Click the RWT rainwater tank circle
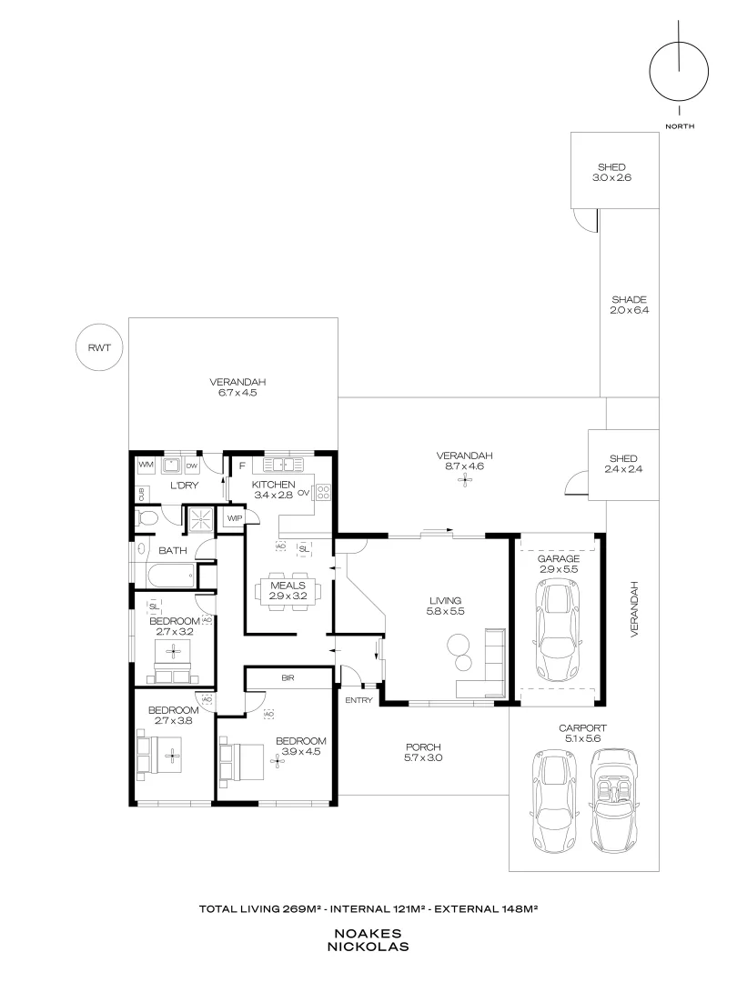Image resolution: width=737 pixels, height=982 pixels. [98, 346]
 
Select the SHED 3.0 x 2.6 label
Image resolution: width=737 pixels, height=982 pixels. [611, 173]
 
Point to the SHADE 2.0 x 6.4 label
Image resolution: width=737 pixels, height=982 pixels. [629, 305]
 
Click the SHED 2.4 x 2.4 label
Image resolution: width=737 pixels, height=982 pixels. [623, 464]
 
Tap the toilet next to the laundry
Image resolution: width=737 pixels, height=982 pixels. [146, 518]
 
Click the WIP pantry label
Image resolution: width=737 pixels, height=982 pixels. [234, 518]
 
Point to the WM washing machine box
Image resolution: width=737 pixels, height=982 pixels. [146, 466]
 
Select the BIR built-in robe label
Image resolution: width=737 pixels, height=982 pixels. [288, 678]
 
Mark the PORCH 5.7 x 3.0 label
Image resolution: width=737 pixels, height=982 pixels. [423, 752]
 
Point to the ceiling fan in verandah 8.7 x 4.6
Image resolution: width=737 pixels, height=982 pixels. [465, 479]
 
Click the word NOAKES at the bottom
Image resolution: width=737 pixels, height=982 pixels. [368, 933]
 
